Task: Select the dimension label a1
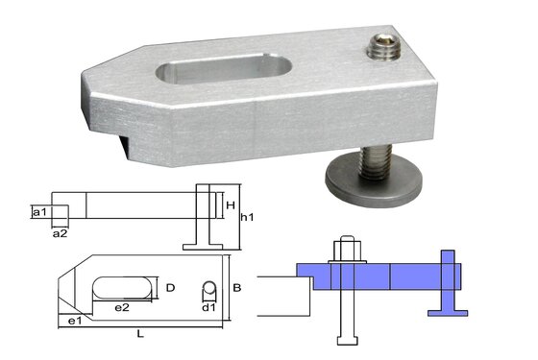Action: tap(38, 211)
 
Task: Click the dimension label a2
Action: tap(60, 232)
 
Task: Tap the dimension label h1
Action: tap(247, 218)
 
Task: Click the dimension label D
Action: tap(169, 287)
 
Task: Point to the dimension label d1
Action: tap(208, 308)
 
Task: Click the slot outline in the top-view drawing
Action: tap(121, 287)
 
